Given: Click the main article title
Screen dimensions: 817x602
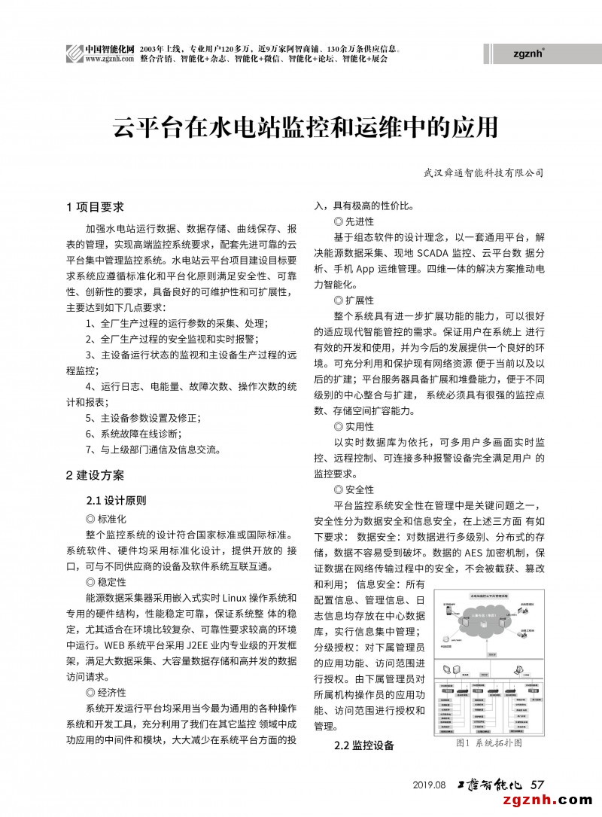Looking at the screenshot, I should point(306,127).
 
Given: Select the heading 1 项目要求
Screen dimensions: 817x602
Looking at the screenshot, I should point(96,206).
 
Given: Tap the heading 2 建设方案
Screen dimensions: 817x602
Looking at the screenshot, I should point(96,475).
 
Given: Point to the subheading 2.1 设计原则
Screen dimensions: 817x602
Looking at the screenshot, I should point(116,500).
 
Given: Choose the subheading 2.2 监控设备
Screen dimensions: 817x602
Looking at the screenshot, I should point(363,745).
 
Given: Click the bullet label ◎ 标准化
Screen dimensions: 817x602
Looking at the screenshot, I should point(106,518).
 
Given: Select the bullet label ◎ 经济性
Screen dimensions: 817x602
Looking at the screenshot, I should point(106,692).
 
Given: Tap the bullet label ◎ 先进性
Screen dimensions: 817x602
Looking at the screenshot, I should point(353,221).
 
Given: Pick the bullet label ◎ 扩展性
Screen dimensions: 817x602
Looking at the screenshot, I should point(353,300).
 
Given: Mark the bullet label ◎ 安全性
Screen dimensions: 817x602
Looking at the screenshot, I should point(353,490).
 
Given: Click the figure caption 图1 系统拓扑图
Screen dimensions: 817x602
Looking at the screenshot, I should point(488,743).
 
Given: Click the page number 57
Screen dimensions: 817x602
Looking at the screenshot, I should point(537,784).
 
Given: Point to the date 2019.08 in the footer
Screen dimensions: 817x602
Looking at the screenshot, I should point(430,785).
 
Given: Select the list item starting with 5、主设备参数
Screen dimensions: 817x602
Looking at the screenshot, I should point(143,418).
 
